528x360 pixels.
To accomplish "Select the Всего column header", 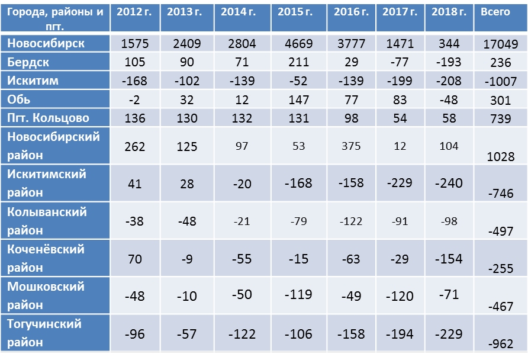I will [x=495, y=12].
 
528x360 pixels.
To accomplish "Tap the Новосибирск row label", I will [x=46, y=44].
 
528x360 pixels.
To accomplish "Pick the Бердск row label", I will [x=28, y=62].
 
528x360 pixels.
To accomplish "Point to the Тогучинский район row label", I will [x=44, y=333].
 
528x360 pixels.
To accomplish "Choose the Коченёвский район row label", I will [x=46, y=258].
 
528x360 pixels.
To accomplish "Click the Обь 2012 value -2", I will [x=136, y=99].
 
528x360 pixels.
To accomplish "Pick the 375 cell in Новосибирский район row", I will [x=351, y=146].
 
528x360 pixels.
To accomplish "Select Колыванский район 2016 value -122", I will [x=351, y=221].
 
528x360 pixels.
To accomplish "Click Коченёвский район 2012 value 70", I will [x=136, y=258].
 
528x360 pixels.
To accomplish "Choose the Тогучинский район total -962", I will [x=500, y=343].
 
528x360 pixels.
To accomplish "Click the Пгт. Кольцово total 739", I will [x=500, y=119].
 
